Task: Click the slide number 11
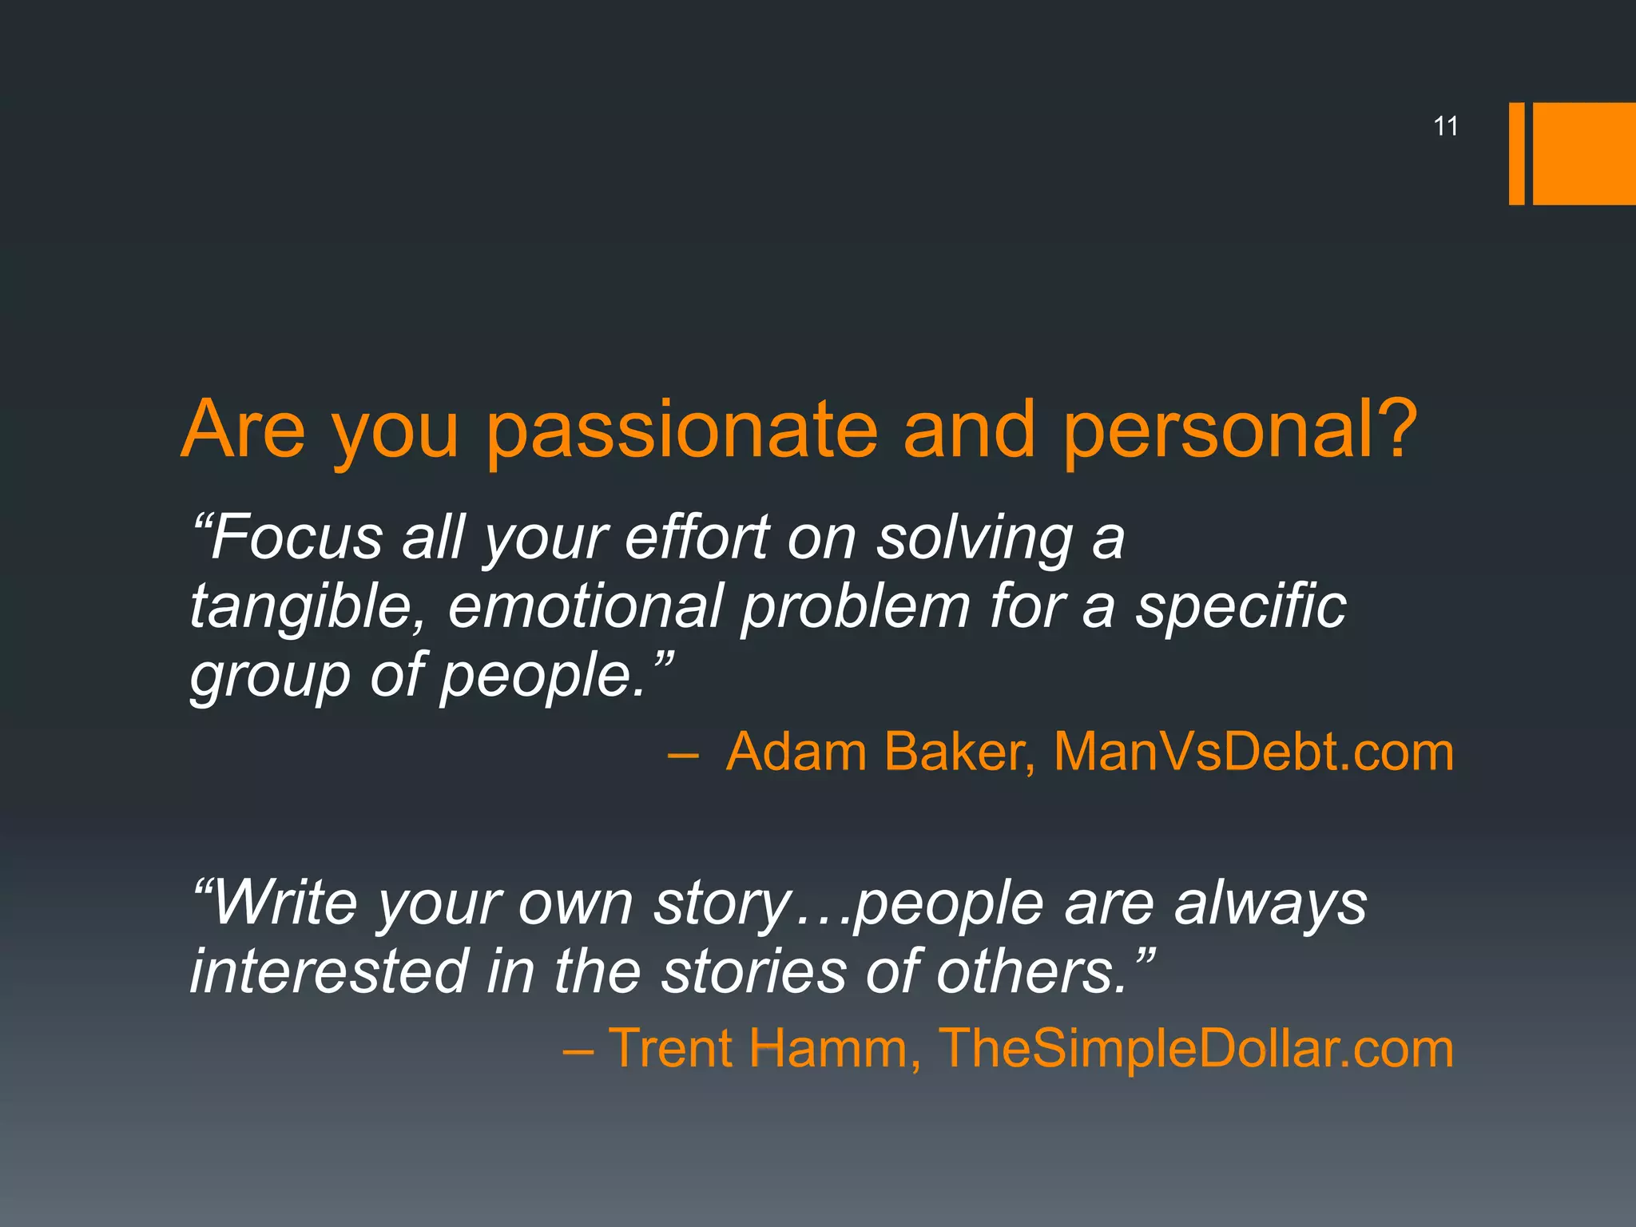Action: point(1446,126)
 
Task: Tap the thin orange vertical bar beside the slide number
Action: point(1516,153)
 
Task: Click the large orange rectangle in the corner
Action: point(1583,153)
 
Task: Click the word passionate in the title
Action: point(682,431)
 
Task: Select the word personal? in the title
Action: point(1239,431)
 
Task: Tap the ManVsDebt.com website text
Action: point(1253,752)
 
